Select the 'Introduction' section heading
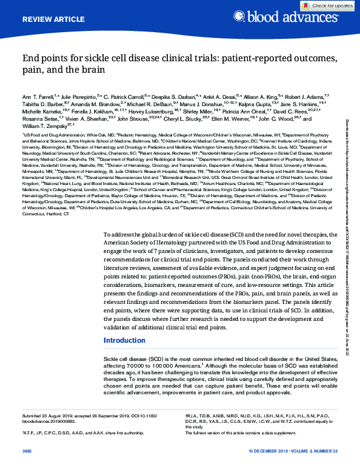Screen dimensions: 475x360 [x=125, y=340]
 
